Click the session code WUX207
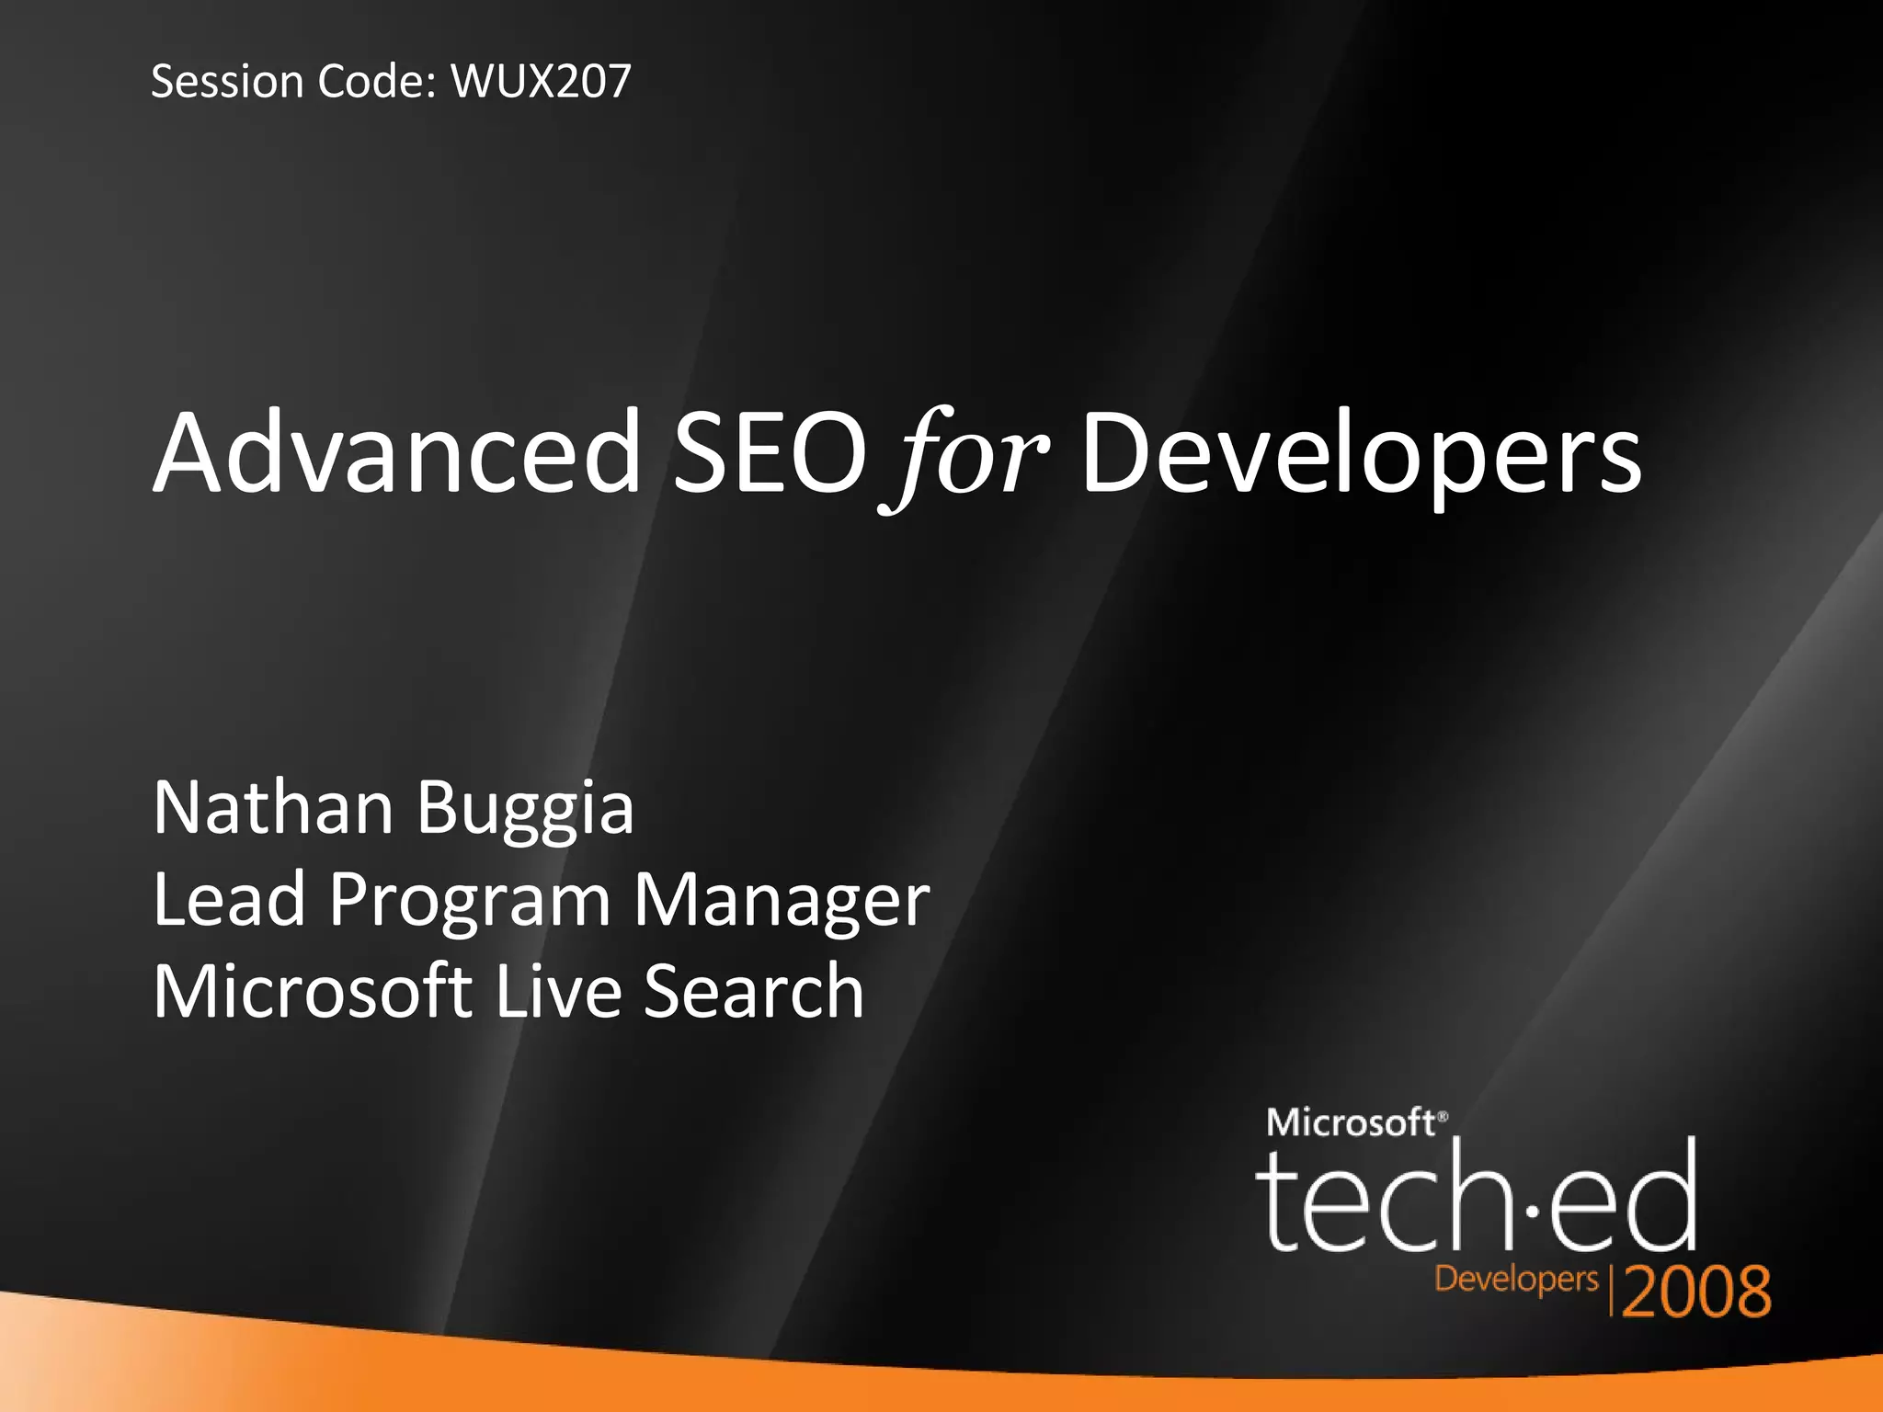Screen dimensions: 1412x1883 coord(541,81)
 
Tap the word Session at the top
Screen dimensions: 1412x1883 coord(227,81)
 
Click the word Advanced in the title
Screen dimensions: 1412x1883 coord(397,453)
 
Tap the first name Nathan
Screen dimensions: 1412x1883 coord(273,807)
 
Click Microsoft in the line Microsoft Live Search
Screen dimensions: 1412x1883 coord(312,991)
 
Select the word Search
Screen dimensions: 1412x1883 coord(754,991)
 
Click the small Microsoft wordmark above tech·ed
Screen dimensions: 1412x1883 coord(1352,1122)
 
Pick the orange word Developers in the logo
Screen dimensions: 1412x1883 coord(1516,1280)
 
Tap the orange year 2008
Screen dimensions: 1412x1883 coord(1696,1292)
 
